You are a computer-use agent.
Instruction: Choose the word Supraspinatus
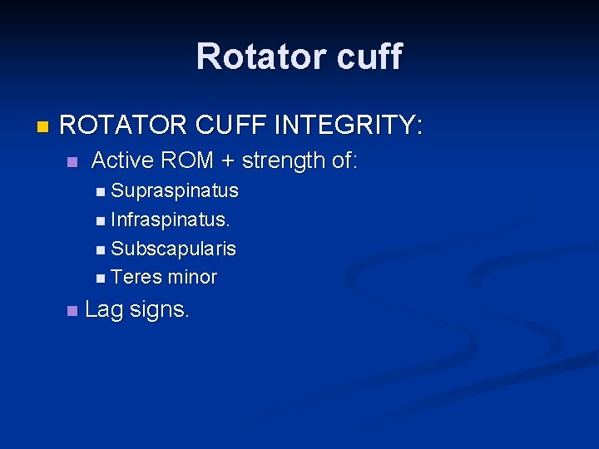pos(175,191)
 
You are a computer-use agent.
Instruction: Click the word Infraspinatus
pos(171,220)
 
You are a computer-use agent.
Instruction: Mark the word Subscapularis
pos(173,249)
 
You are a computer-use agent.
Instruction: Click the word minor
pos(191,278)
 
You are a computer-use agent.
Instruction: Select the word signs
pos(162,311)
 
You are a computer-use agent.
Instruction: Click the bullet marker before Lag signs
pos(72,311)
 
